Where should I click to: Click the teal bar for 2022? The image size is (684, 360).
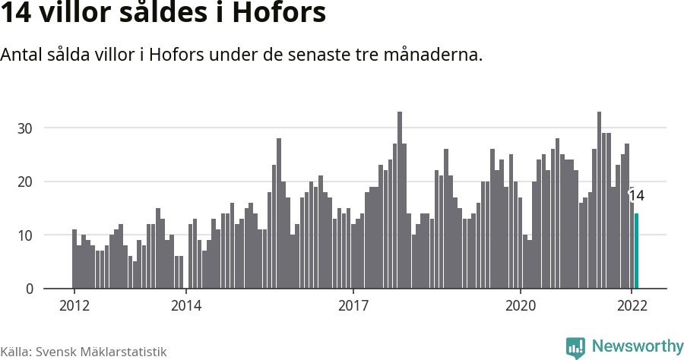pyautogui.click(x=637, y=251)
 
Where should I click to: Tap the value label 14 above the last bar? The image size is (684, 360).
pyautogui.click(x=637, y=196)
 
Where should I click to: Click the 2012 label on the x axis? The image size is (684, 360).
pyautogui.click(x=74, y=306)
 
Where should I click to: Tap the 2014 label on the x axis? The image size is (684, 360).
pyautogui.click(x=186, y=306)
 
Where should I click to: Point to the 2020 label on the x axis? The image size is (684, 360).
pyautogui.click(x=521, y=306)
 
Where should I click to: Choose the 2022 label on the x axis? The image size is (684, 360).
pyautogui.click(x=632, y=306)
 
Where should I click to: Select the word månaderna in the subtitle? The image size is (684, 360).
pyautogui.click(x=435, y=55)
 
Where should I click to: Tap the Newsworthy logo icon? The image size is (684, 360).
pyautogui.click(x=575, y=347)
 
